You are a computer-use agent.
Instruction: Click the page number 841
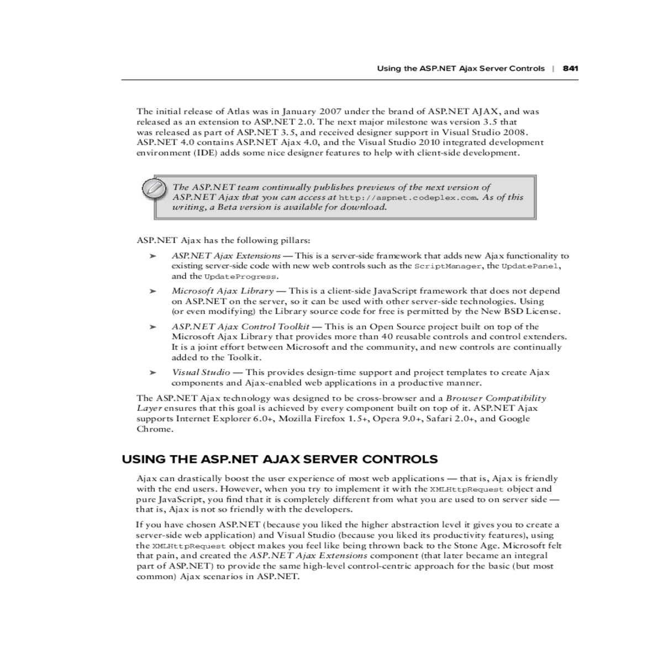coord(570,69)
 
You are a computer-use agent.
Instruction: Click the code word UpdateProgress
coord(240,277)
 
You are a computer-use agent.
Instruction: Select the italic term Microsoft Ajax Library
coord(222,291)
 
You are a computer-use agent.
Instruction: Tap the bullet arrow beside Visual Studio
coord(153,373)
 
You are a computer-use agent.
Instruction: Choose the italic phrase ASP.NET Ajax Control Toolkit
coord(240,327)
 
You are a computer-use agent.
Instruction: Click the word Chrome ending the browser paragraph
coord(154,429)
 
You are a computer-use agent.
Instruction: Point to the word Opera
coord(384,419)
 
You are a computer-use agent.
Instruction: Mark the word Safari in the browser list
coord(435,419)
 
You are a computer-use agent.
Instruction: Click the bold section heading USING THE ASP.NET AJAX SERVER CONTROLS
coord(280,459)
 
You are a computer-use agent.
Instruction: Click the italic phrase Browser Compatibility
coord(496,398)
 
